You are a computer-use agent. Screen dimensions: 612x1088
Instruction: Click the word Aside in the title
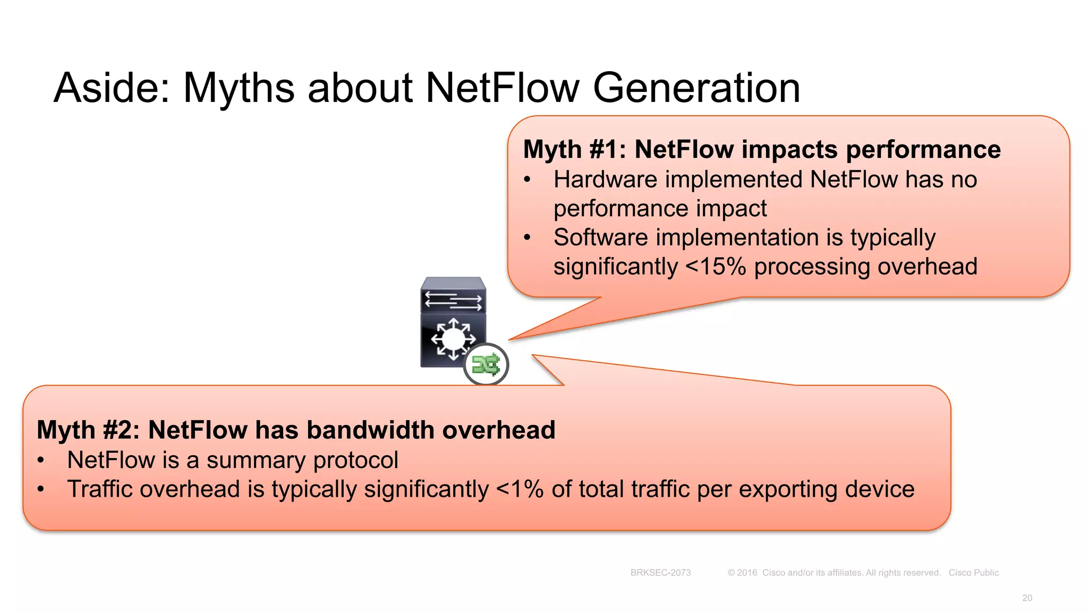click(x=110, y=88)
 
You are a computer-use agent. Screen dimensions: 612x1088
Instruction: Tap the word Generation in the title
click(x=696, y=88)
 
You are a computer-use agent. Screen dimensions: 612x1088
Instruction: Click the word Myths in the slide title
click(x=239, y=88)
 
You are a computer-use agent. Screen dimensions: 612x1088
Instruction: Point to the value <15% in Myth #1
click(x=716, y=267)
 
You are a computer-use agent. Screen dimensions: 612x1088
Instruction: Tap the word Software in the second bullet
click(x=600, y=237)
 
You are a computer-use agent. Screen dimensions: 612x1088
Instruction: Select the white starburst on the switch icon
click(x=453, y=338)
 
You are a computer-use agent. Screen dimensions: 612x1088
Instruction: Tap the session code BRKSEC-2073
click(x=660, y=573)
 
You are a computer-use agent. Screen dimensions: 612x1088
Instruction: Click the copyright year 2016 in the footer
click(x=746, y=573)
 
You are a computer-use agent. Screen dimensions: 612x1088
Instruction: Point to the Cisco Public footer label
click(x=973, y=573)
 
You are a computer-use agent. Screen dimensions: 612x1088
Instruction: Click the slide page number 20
click(x=1027, y=598)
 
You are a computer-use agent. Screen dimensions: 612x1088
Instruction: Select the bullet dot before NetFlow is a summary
click(x=41, y=461)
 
